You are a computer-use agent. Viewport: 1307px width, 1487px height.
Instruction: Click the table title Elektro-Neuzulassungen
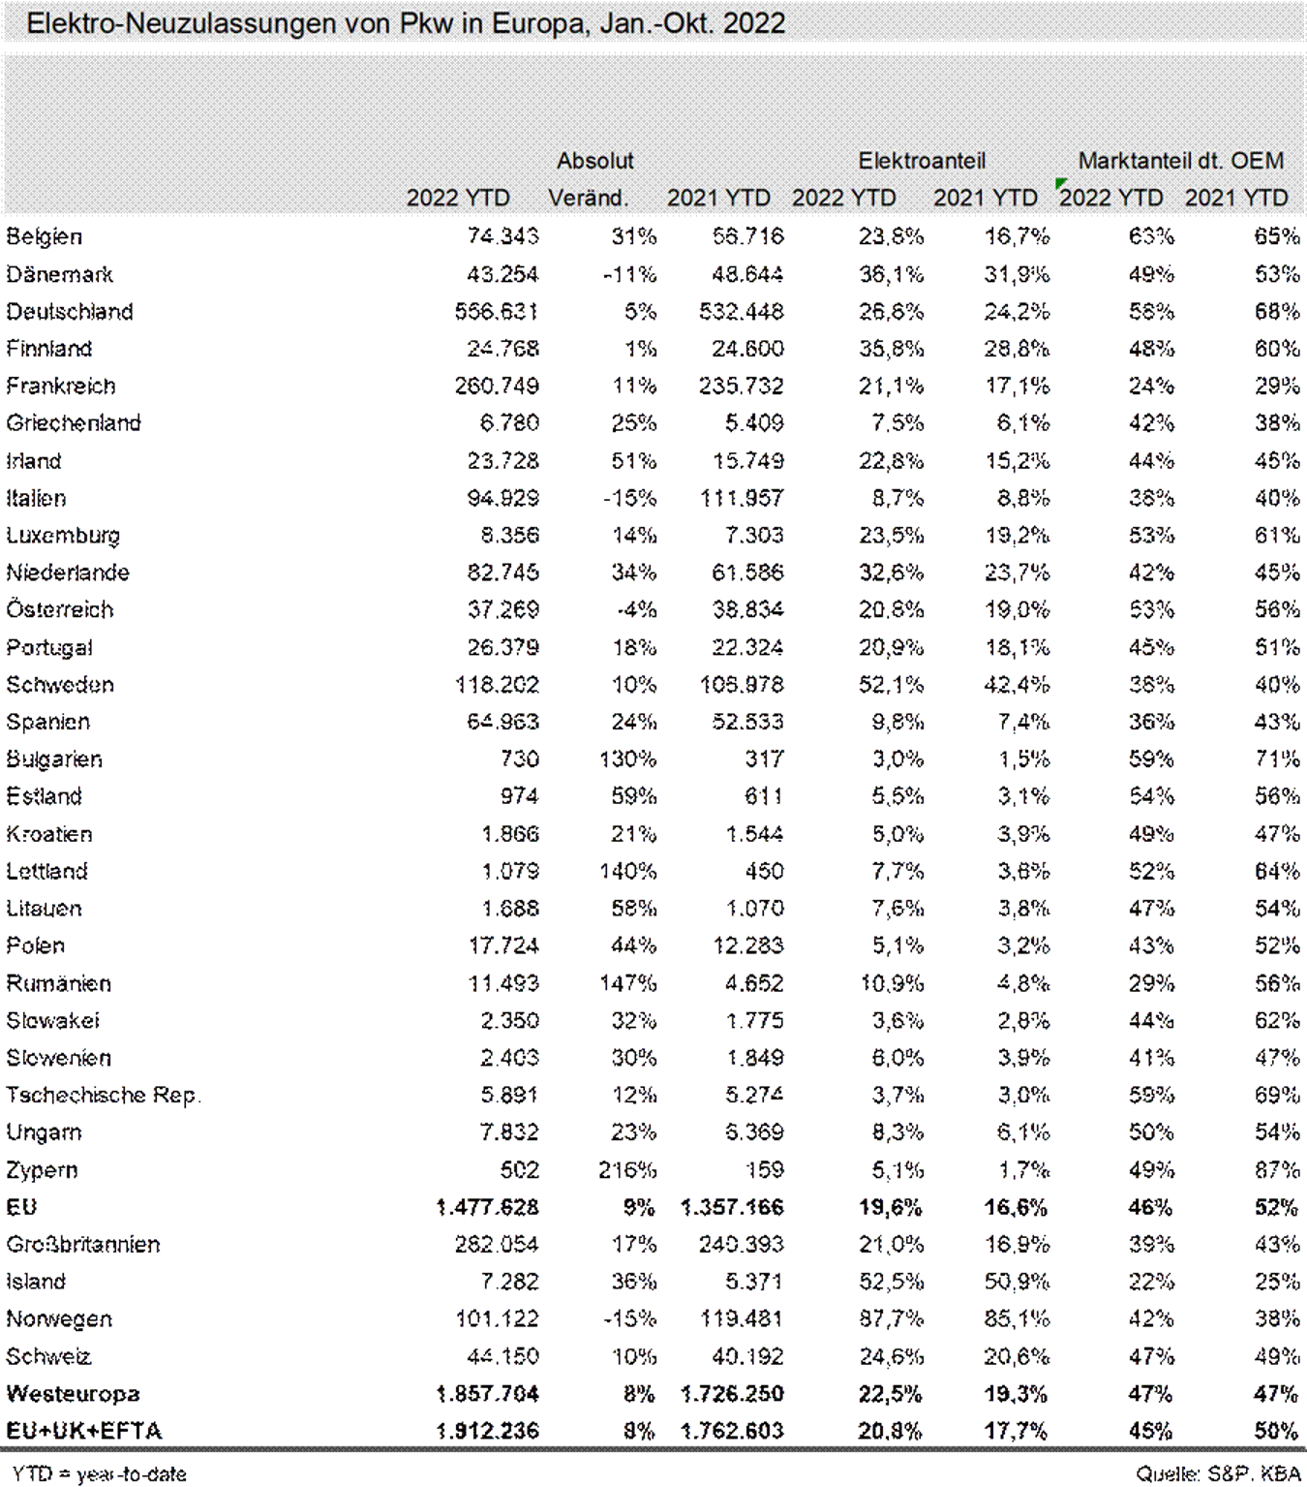405,23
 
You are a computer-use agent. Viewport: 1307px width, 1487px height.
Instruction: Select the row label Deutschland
70,312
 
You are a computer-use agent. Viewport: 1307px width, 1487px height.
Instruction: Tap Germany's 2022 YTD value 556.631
497,312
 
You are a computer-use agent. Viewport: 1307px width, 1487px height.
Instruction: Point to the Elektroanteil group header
921,161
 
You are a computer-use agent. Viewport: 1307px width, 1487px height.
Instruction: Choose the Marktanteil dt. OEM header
1180,161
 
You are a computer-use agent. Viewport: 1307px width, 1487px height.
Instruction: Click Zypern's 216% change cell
627,1170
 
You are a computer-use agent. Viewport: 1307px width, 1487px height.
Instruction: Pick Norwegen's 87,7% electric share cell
891,1319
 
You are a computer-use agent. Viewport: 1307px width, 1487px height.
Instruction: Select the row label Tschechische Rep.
104,1096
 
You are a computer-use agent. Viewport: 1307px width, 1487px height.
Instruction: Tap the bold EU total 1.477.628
488,1208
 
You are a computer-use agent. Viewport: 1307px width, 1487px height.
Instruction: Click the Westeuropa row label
73,1394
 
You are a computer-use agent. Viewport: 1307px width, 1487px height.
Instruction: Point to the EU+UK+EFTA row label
84,1431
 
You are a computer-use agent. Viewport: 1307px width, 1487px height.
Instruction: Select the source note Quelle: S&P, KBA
1218,1473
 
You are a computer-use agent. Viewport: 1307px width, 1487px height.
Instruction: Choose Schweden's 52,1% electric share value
891,685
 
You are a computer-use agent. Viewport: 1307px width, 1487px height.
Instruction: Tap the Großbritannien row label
83,1245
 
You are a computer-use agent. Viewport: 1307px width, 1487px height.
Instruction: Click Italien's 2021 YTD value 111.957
742,499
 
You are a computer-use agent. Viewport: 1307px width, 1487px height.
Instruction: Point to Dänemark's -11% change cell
629,275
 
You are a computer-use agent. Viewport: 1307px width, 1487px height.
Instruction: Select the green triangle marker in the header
1061,183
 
